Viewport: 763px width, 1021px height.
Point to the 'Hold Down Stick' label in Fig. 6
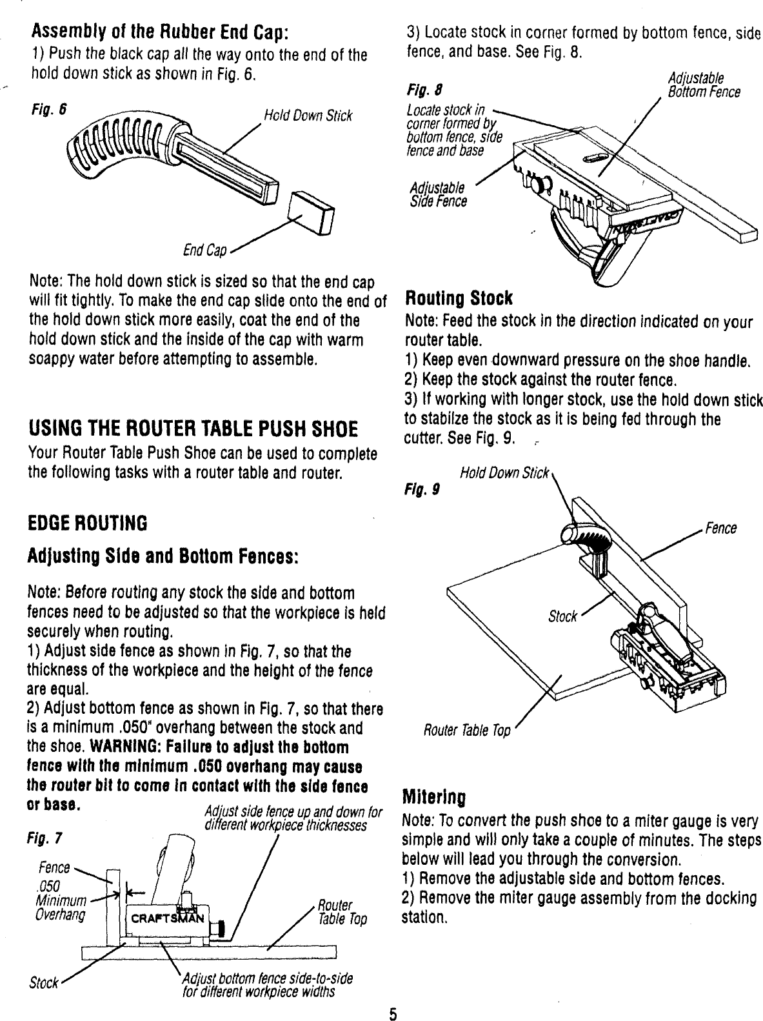point(308,116)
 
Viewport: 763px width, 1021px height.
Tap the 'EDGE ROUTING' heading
point(88,522)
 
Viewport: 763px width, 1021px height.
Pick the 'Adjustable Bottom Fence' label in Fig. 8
point(704,85)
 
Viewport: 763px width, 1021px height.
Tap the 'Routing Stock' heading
point(457,299)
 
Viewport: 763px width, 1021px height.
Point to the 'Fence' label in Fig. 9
point(720,529)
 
